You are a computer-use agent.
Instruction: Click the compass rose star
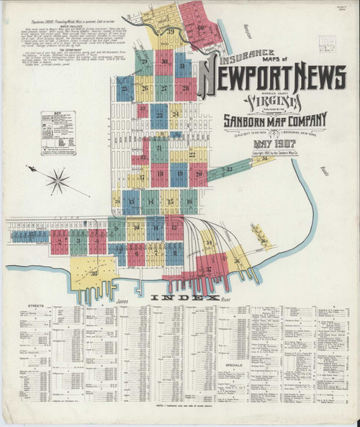click(57, 180)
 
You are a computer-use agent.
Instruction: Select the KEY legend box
click(58, 134)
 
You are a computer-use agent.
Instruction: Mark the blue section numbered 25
click(125, 89)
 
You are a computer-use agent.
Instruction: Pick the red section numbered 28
click(185, 89)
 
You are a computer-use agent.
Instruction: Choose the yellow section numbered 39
click(171, 32)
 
